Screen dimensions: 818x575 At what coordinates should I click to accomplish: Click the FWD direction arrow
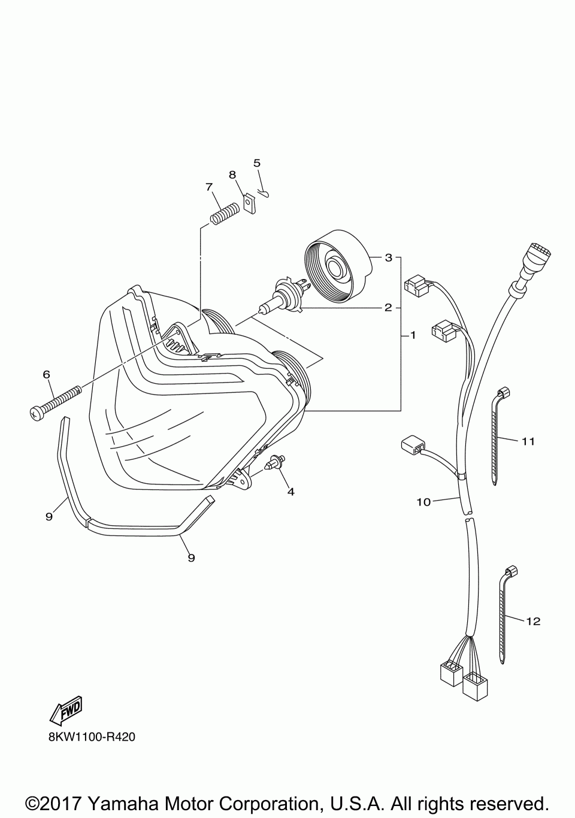pyautogui.click(x=65, y=709)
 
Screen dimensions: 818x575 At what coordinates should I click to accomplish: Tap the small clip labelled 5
pyautogui.click(x=263, y=192)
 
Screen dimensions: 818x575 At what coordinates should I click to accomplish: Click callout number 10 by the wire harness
pyautogui.click(x=423, y=502)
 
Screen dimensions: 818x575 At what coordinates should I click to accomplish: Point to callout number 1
pyautogui.click(x=413, y=335)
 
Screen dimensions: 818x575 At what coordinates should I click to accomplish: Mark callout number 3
pyautogui.click(x=388, y=257)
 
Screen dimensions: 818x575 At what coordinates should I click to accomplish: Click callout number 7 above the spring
pyautogui.click(x=209, y=187)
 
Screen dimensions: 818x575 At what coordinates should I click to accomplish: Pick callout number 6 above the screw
pyautogui.click(x=46, y=374)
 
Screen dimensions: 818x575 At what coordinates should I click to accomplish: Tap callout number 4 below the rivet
pyautogui.click(x=290, y=492)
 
